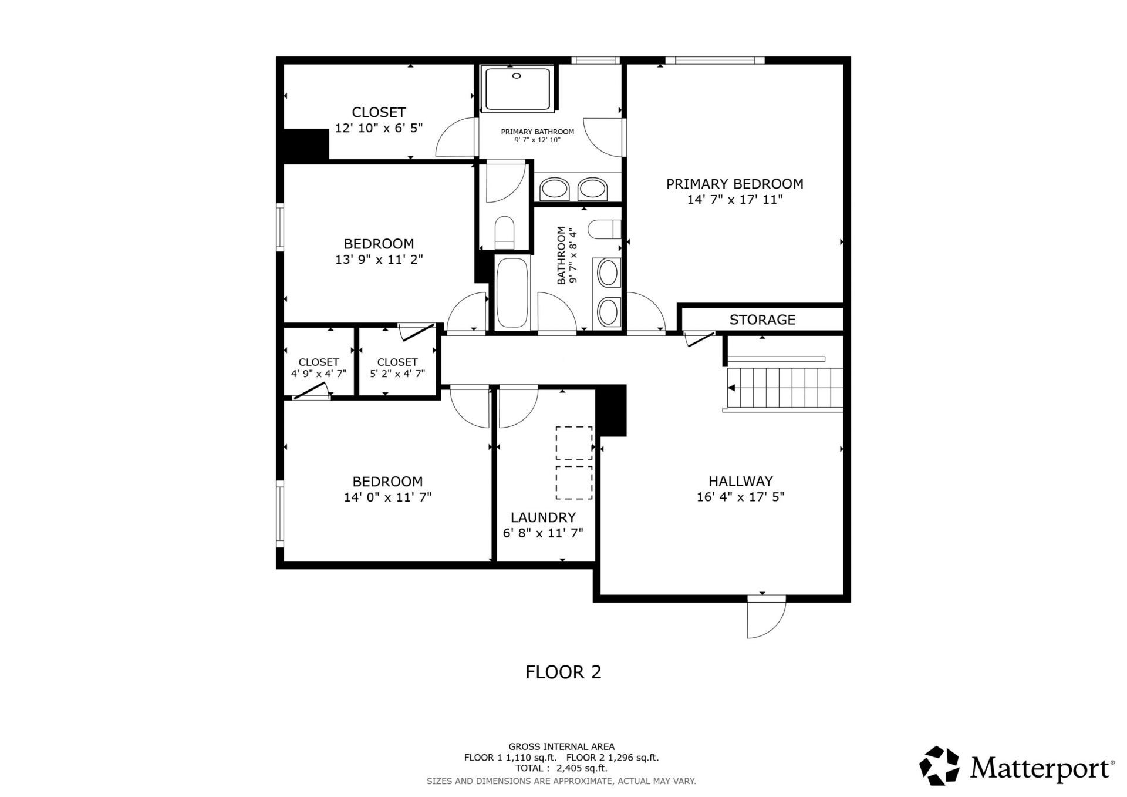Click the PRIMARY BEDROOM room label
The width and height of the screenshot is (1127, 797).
[734, 184]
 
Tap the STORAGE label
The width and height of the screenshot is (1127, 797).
[762, 320]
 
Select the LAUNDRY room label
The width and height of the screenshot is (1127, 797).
[543, 517]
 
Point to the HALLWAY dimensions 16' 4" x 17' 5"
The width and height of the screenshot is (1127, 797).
[740, 497]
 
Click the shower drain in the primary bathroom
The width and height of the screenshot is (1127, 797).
[517, 76]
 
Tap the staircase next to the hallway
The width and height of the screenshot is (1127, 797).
[785, 388]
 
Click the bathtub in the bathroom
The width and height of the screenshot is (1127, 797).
[512, 292]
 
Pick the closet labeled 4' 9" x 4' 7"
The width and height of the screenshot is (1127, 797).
[318, 368]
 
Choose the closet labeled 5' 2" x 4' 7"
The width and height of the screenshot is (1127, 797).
[397, 368]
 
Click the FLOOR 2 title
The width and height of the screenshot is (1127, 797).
[563, 672]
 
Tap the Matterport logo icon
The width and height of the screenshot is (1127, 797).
[939, 766]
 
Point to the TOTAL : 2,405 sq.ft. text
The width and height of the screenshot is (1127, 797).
[561, 768]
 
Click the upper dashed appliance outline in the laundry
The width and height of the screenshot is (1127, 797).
[573, 443]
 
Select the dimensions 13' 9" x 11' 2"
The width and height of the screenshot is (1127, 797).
[379, 260]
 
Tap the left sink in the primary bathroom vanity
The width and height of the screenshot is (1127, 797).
[554, 189]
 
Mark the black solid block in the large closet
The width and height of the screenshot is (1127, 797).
[305, 144]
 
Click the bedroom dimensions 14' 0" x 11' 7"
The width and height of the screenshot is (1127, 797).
[387, 497]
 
